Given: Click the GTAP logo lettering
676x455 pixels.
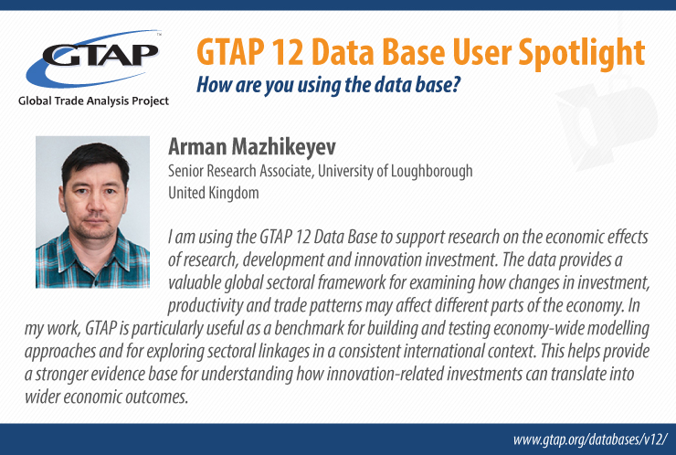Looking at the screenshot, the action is click(100, 54).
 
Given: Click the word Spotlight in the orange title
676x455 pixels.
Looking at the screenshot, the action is click(581, 53).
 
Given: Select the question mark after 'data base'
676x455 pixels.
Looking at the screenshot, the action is click(456, 84).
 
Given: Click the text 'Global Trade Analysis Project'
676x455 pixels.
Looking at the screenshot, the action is click(93, 101).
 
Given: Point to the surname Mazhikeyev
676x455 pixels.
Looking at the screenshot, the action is click(284, 147).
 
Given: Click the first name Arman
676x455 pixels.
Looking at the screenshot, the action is click(197, 147).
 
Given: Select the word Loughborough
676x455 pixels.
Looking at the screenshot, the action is click(431, 172).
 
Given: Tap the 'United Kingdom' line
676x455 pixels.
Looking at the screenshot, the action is click(214, 193).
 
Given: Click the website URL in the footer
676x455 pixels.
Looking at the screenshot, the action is click(590, 439).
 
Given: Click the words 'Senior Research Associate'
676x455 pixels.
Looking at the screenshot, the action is click(239, 171).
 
